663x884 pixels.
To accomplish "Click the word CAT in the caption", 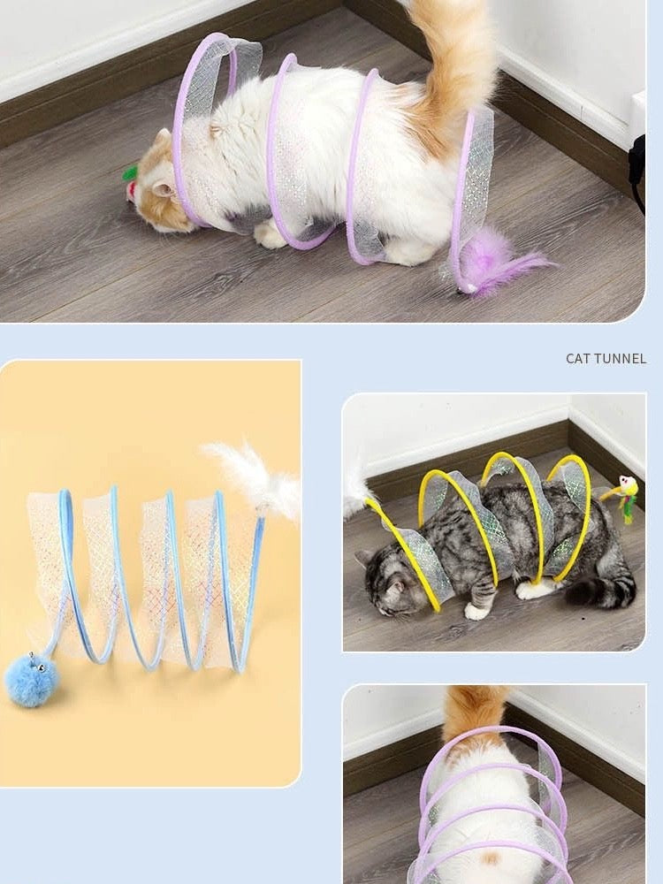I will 579,359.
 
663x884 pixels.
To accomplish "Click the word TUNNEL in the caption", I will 621,359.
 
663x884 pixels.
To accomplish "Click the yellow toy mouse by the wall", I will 626,489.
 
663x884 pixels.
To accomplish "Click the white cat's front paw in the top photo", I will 270,235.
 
